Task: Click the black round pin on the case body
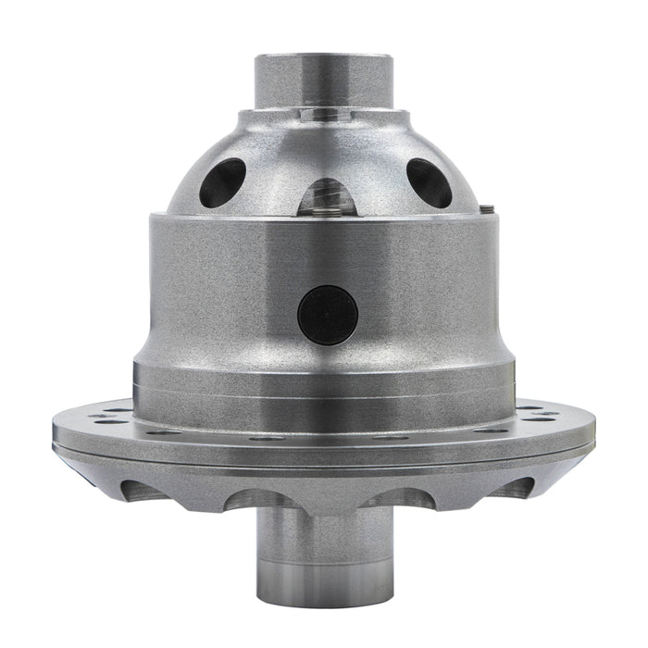pos(328,314)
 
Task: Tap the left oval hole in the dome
pos(223,182)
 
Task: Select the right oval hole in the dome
pos(429,182)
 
